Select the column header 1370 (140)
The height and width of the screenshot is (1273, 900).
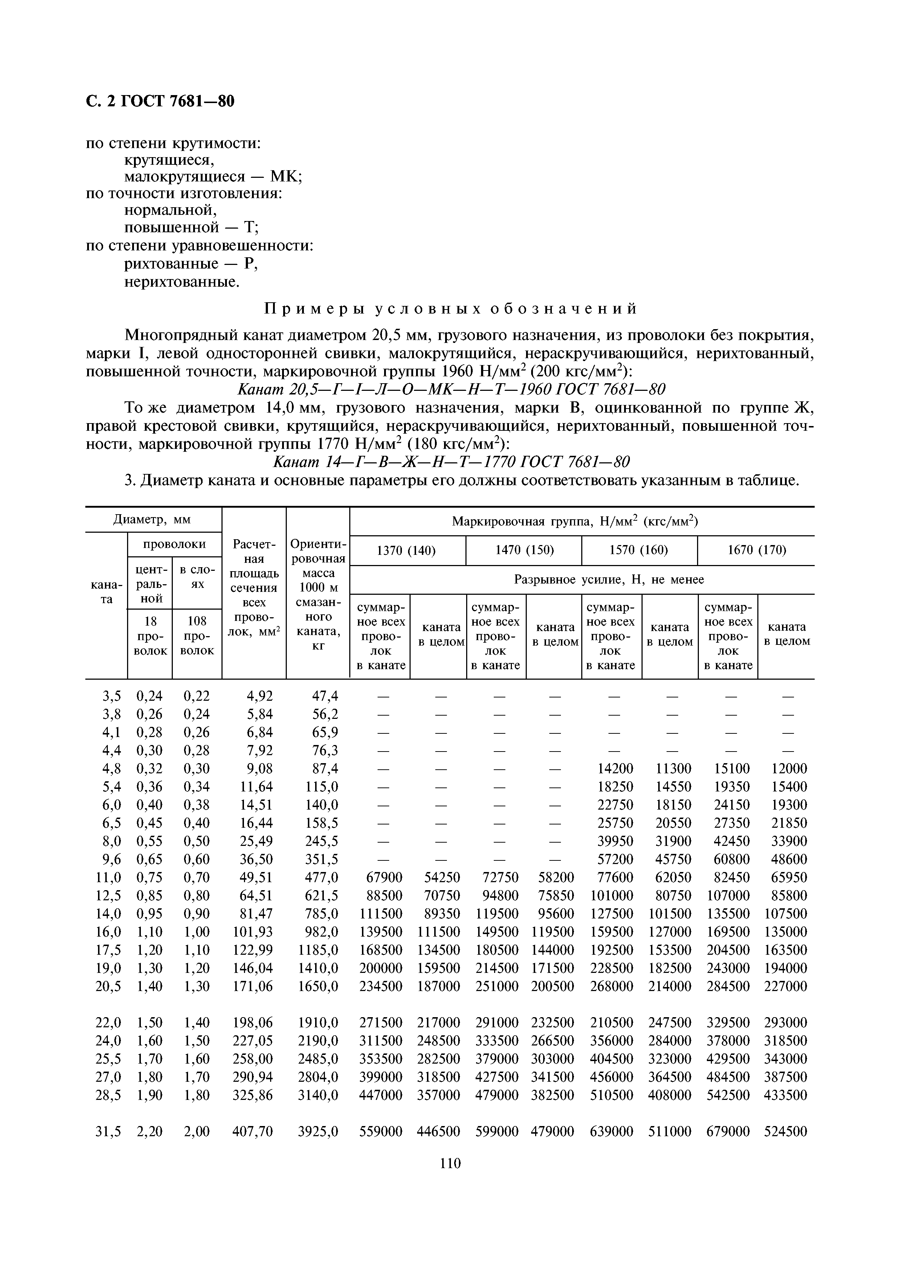point(407,550)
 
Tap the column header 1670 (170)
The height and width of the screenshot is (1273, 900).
point(756,550)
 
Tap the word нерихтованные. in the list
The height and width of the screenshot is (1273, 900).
point(182,282)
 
